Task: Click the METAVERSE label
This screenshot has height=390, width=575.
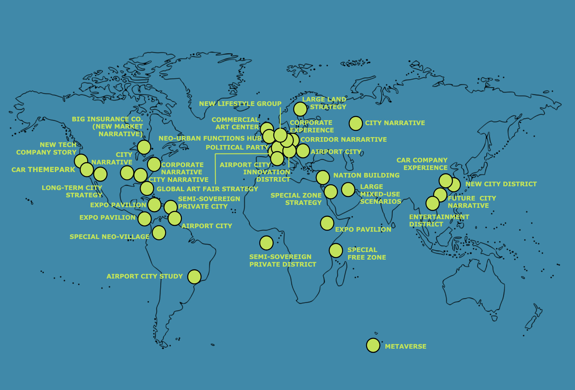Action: [x=405, y=346]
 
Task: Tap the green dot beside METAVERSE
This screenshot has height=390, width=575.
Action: [x=373, y=345]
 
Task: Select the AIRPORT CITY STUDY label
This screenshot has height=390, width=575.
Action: [x=144, y=276]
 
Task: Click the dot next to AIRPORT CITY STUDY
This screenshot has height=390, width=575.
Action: [x=194, y=276]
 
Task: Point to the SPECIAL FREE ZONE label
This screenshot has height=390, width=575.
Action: [x=366, y=253]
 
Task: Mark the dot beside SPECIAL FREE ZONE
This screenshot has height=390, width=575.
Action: [x=336, y=250]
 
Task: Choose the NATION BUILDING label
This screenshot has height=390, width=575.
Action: [x=366, y=175]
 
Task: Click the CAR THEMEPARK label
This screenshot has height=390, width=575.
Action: [x=43, y=170]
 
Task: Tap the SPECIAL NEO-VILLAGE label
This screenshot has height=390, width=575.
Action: [x=109, y=237]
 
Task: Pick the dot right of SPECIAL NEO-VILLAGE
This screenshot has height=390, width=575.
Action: [x=159, y=233]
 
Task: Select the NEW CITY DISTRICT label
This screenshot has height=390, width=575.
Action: [x=501, y=184]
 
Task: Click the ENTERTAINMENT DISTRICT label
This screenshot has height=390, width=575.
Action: [x=439, y=220]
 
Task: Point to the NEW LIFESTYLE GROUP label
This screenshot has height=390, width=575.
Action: [x=240, y=104]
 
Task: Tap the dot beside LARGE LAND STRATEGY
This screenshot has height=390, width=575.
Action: [x=300, y=109]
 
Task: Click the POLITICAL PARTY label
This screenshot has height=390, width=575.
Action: [x=237, y=147]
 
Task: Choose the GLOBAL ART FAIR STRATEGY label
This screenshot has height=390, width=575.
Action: [x=207, y=189]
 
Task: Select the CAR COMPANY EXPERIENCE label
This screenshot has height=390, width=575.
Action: [x=422, y=164]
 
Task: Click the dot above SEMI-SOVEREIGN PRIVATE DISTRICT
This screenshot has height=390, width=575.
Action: [x=266, y=243]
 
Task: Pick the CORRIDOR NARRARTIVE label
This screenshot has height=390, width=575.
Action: [x=343, y=139]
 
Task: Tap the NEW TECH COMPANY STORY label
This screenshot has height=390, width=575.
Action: [x=46, y=148]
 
